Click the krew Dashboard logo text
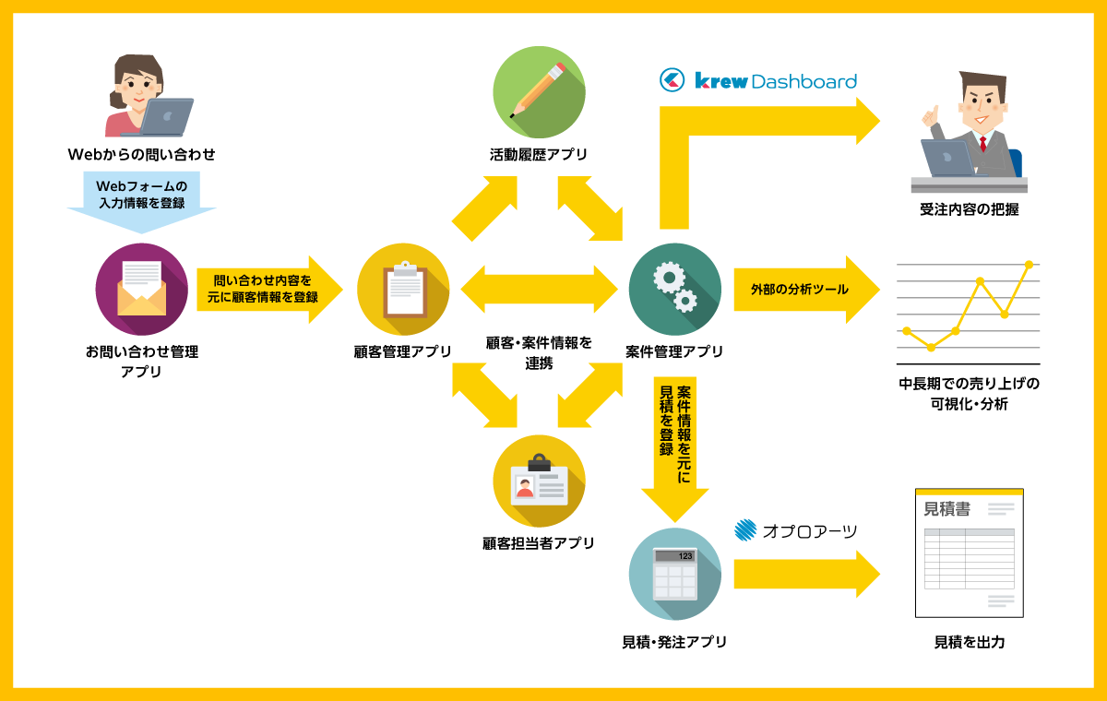775,81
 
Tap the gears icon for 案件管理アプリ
674,289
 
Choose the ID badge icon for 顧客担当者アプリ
539,481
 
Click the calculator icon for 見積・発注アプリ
674,574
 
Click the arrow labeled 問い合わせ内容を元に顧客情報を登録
268,290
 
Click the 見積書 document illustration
969,552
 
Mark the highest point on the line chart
1029,265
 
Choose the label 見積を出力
969,642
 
